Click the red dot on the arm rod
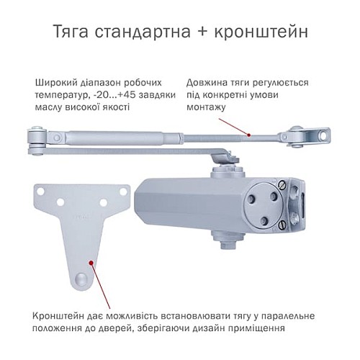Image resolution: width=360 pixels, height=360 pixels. tap(247, 134)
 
